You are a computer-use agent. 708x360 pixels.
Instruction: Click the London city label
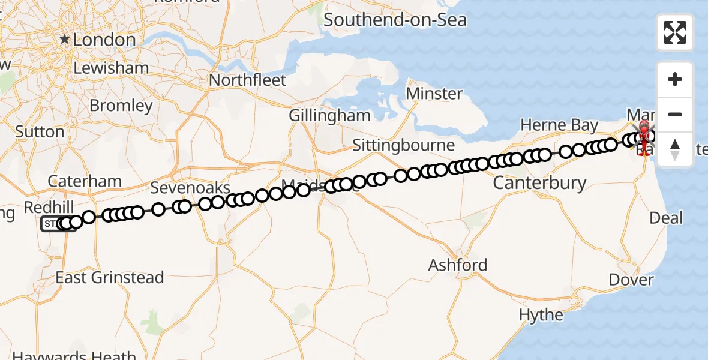click(x=104, y=40)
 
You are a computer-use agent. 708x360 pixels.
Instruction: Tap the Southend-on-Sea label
click(x=395, y=20)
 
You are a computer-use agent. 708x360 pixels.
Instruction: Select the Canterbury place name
click(x=539, y=182)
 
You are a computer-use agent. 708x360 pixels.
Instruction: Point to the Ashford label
click(x=457, y=265)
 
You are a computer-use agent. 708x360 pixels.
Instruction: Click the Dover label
click(x=631, y=280)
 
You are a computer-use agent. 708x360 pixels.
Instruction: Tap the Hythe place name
click(x=541, y=315)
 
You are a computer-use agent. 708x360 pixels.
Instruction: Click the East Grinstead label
click(x=110, y=278)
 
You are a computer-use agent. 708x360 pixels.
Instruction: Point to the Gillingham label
click(x=329, y=115)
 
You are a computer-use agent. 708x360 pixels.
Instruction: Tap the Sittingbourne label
click(x=403, y=146)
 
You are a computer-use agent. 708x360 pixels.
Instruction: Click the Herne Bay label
click(x=559, y=125)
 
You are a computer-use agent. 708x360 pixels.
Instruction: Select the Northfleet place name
click(x=248, y=80)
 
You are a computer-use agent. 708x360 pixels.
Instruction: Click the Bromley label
click(x=121, y=106)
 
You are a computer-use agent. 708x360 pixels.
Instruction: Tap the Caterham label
click(x=85, y=181)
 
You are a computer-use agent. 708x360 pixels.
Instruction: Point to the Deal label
click(x=666, y=218)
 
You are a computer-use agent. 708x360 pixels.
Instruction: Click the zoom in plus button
click(x=675, y=80)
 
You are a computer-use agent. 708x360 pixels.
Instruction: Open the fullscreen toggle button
click(x=675, y=32)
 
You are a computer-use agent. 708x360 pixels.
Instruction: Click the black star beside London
click(x=64, y=40)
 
